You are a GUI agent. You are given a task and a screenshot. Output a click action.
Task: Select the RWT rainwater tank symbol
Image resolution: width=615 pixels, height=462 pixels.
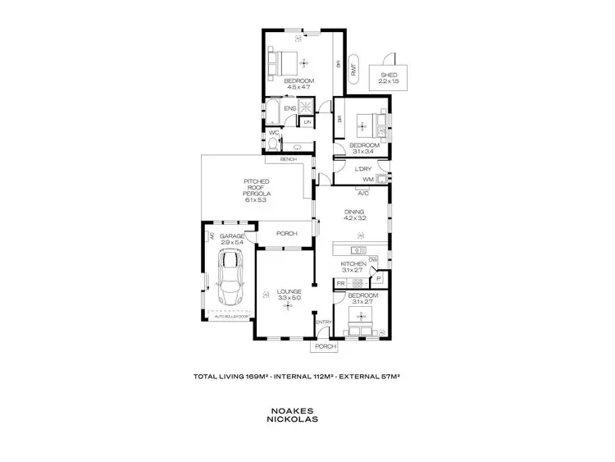click(353, 71)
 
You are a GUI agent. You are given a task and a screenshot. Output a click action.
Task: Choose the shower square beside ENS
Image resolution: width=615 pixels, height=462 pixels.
click(305, 107)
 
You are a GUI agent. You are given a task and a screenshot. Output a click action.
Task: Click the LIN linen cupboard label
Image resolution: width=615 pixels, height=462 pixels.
click(307, 123)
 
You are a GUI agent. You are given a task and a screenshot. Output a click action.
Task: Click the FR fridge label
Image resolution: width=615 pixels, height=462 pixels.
click(340, 284)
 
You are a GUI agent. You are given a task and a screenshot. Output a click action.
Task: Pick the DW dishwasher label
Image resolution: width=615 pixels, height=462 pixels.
click(372, 260)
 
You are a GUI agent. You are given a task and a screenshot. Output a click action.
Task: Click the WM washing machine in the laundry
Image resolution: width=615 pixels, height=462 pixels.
click(367, 179)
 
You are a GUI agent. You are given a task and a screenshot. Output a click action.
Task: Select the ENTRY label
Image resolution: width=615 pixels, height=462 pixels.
click(324, 322)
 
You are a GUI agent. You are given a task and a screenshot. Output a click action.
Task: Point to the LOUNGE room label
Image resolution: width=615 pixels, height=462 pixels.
click(289, 291)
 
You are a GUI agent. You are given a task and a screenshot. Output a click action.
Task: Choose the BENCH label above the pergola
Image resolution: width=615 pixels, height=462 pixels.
click(288, 159)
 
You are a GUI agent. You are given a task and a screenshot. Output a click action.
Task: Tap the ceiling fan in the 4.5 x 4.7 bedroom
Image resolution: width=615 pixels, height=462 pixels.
click(305, 62)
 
